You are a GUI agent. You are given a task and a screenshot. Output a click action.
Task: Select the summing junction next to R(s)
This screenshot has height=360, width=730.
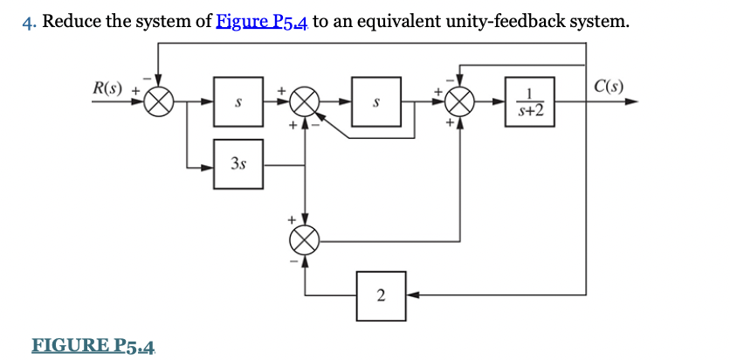point(159,102)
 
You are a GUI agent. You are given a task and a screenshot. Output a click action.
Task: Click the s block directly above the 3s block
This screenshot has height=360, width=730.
point(238,102)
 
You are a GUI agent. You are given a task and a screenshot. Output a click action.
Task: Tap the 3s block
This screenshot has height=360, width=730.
point(238,163)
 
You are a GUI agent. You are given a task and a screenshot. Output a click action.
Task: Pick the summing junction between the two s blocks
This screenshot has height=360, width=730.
point(306,102)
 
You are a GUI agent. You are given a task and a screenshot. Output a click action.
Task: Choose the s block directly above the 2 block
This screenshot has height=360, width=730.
point(375,102)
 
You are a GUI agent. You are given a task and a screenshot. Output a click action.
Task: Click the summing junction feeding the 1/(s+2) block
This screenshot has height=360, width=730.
point(460,102)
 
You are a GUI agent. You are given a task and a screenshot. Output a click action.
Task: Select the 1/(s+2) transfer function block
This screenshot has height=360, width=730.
point(529,102)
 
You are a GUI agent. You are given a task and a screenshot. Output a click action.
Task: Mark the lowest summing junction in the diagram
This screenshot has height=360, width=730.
point(306,236)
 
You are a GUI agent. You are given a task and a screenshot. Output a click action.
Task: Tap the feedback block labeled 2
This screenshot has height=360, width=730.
point(380,294)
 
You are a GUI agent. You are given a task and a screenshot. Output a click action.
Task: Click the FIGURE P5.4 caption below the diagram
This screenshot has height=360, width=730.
point(93,346)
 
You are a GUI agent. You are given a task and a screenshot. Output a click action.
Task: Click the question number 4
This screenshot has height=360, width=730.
point(27,22)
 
